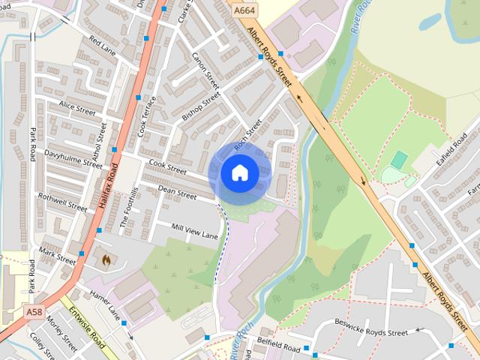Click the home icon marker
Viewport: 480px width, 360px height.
pyautogui.click(x=239, y=173)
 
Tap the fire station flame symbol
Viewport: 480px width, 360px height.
pyautogui.click(x=106, y=260)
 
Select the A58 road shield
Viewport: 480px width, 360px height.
pyautogui.click(x=33, y=311)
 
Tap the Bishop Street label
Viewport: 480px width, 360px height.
pyautogui.click(x=201, y=106)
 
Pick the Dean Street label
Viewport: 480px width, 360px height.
pyautogui.click(x=177, y=193)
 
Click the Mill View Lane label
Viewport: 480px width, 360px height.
pyautogui.click(x=194, y=231)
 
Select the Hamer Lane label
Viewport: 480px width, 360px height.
pyautogui.click(x=104, y=302)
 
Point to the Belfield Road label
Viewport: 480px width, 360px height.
pyautogui.click(x=278, y=349)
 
